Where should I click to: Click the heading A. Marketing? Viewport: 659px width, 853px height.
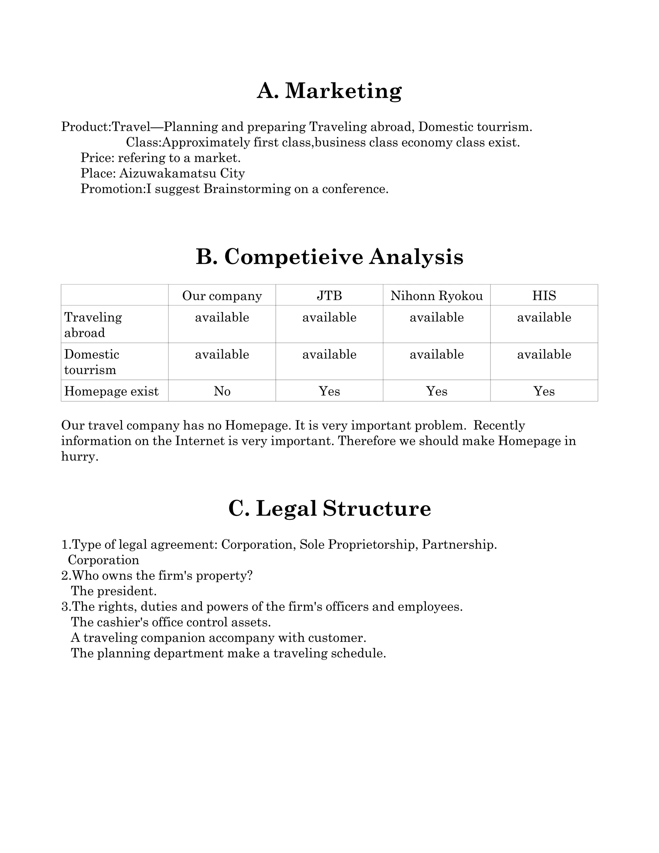pyautogui.click(x=329, y=91)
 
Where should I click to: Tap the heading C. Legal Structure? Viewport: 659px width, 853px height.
pyautogui.click(x=329, y=508)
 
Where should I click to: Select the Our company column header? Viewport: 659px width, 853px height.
pyautogui.click(x=222, y=296)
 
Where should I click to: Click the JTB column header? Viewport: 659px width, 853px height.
pyautogui.click(x=329, y=296)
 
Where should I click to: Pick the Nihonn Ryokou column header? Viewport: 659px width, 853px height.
pyautogui.click(x=436, y=296)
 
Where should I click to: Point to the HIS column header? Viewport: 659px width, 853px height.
pyautogui.click(x=544, y=296)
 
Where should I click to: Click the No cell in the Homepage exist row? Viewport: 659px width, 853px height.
pyautogui.click(x=222, y=391)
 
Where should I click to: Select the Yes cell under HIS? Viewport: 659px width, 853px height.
pyautogui.click(x=544, y=391)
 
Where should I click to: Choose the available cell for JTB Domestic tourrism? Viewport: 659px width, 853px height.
pyautogui.click(x=329, y=354)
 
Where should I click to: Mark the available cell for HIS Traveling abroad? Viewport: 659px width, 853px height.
pyautogui.click(x=544, y=317)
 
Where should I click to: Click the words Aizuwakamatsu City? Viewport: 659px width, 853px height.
pyautogui.click(x=182, y=173)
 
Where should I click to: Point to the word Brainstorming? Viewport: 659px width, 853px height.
pyautogui.click(x=247, y=189)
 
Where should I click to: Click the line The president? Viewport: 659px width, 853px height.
pyautogui.click(x=114, y=591)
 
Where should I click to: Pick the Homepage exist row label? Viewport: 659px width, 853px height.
pyautogui.click(x=111, y=391)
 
